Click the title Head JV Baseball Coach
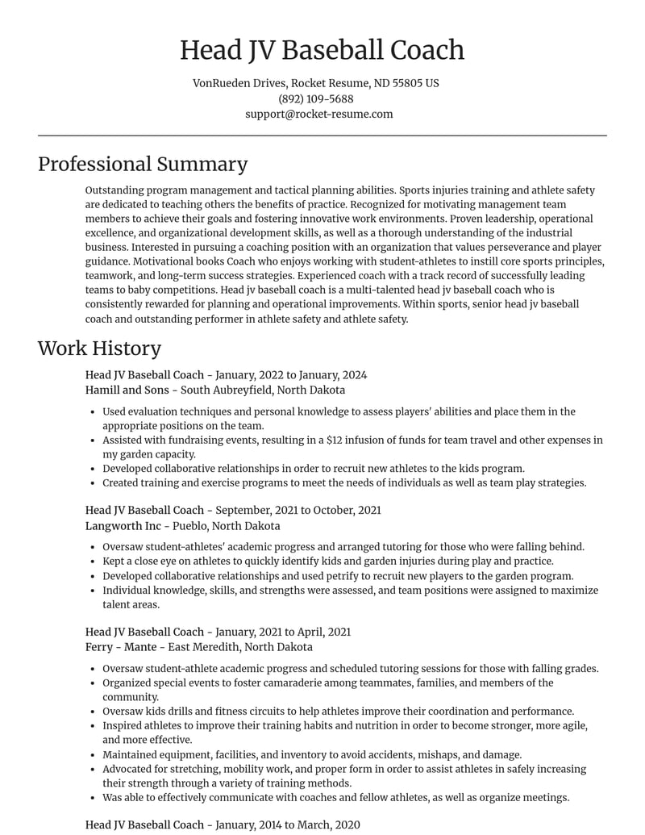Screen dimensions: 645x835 [x=322, y=50]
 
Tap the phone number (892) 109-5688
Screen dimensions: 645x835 [x=316, y=98]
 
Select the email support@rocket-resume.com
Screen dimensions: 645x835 [x=319, y=114]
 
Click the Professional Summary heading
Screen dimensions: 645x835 [x=143, y=164]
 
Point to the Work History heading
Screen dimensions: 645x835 [x=99, y=348]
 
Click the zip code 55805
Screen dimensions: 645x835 [x=407, y=83]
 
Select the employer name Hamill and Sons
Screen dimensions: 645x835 [x=127, y=390]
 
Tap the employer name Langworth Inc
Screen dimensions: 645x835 [x=123, y=525]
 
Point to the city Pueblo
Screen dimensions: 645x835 [x=188, y=525]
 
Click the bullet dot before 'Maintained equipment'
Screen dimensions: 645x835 [x=94, y=755]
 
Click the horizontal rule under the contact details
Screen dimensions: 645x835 [x=322, y=136]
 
